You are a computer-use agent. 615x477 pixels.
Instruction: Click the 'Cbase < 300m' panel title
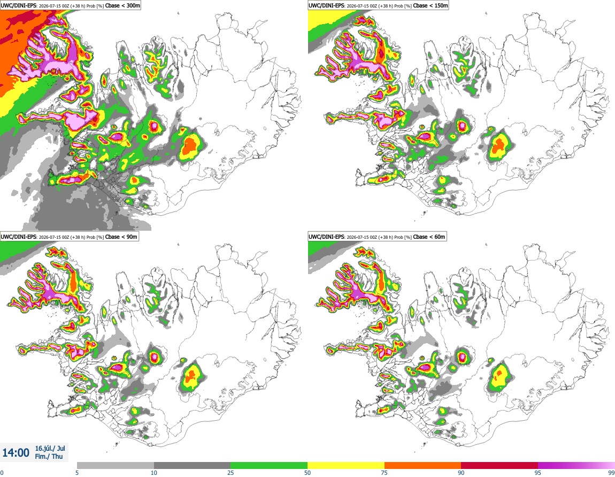(x=122, y=5)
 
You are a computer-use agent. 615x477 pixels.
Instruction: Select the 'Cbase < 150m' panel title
(x=430, y=5)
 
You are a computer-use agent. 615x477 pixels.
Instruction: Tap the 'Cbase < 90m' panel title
(x=121, y=237)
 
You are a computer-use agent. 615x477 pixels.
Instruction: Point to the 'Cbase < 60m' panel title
(x=429, y=237)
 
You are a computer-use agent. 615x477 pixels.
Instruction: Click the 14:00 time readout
(x=16, y=453)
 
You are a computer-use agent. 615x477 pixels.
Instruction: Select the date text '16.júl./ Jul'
(x=50, y=448)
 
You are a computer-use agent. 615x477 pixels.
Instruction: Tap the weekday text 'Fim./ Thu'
(x=49, y=456)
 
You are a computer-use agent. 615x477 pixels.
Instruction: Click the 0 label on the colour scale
(x=2, y=473)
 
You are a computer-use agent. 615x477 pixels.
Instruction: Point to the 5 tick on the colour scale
(x=77, y=473)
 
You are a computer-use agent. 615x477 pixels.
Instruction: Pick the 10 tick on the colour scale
(x=154, y=473)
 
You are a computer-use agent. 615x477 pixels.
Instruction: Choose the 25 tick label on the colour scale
(x=230, y=473)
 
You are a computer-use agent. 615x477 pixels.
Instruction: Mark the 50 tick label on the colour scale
(x=307, y=473)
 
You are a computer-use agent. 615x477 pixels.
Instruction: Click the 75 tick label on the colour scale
(x=385, y=473)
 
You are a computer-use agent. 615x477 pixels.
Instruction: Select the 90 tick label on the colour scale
(x=461, y=473)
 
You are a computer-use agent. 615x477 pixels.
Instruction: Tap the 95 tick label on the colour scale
(x=538, y=473)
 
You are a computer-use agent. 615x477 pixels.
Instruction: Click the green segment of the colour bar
(x=269, y=466)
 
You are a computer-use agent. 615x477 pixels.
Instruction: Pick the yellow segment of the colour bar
(x=346, y=466)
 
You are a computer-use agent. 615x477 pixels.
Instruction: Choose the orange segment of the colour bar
(x=423, y=466)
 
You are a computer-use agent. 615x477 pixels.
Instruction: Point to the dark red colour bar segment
(x=499, y=466)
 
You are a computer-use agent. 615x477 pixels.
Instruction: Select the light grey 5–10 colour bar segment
(x=116, y=466)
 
